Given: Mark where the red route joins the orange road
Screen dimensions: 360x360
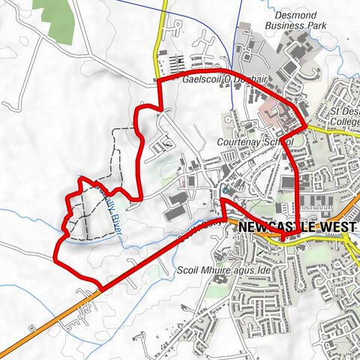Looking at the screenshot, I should click(x=100, y=287).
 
